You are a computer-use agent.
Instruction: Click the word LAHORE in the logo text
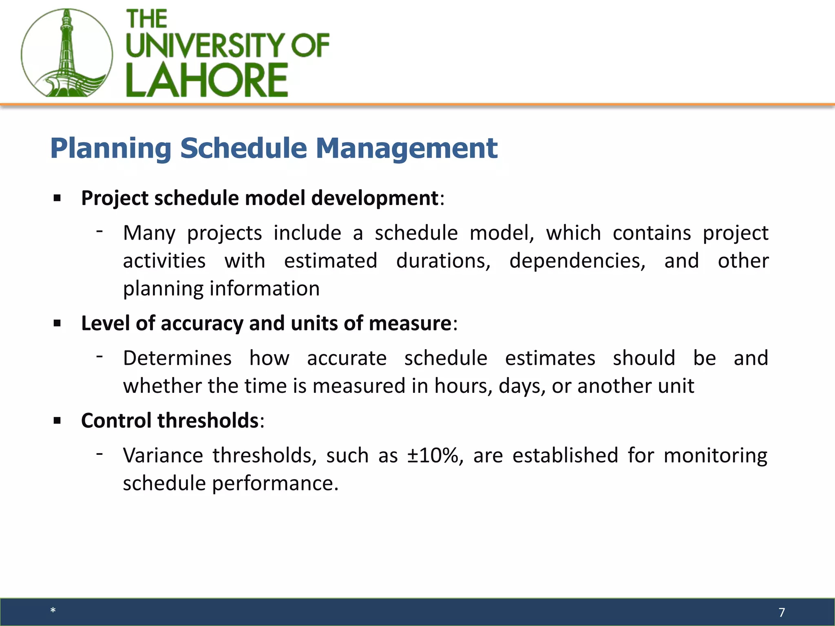click(207, 80)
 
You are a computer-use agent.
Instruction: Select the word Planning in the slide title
click(110, 148)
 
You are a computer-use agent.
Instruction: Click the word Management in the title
click(406, 148)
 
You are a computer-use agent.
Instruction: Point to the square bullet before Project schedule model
click(57, 198)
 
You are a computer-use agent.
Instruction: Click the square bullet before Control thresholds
click(57, 421)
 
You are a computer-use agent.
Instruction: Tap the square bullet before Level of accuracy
click(57, 324)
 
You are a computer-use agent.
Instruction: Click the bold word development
click(374, 198)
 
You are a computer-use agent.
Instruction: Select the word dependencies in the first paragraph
click(577, 261)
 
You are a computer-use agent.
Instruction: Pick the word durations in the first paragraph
click(443, 261)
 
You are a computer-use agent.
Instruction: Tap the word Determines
click(177, 358)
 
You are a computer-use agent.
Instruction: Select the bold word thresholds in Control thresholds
click(208, 421)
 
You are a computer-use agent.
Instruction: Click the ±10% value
click(433, 456)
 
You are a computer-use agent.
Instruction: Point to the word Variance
click(163, 456)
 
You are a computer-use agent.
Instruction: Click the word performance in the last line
click(275, 484)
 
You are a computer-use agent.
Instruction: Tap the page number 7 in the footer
click(781, 612)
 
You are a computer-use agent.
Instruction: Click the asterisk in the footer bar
click(53, 611)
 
